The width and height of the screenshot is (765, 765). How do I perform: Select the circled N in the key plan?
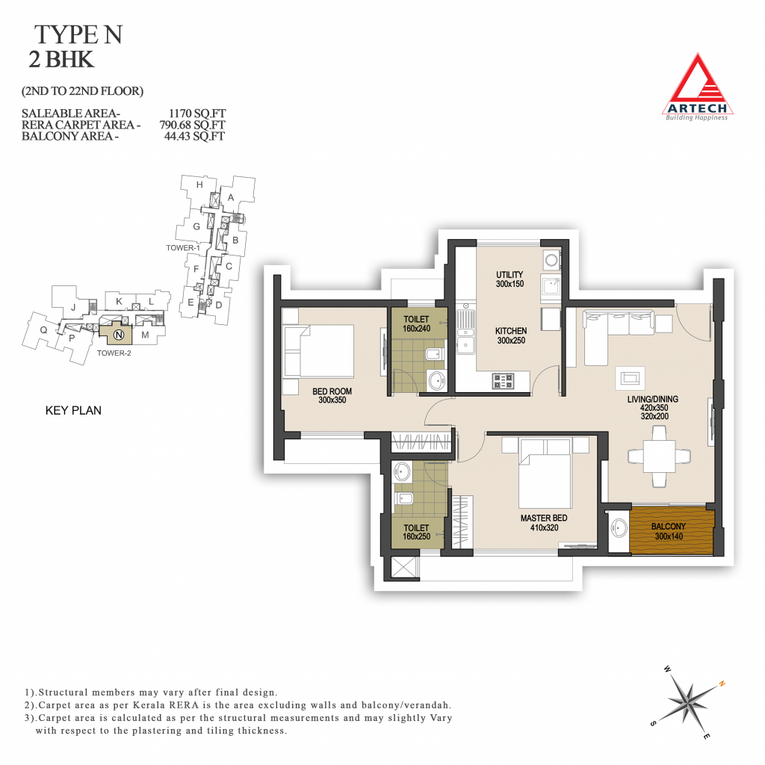pyautogui.click(x=119, y=335)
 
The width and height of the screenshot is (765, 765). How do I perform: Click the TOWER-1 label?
pyautogui.click(x=183, y=248)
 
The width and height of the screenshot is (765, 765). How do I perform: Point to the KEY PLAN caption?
pyautogui.click(x=73, y=410)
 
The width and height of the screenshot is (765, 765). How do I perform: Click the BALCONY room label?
pyautogui.click(x=669, y=527)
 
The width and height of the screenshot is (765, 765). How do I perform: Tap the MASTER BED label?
pyautogui.click(x=544, y=518)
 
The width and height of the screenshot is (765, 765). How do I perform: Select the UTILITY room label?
pyautogui.click(x=510, y=275)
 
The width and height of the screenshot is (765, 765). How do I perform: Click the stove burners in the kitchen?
pyautogui.click(x=503, y=381)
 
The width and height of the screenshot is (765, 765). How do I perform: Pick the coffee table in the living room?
pyautogui.click(x=630, y=378)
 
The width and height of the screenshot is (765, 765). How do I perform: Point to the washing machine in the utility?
pyautogui.click(x=552, y=259)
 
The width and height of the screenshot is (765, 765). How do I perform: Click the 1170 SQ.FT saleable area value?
pyautogui.click(x=197, y=114)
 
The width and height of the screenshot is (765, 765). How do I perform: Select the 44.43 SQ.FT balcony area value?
pyautogui.click(x=194, y=136)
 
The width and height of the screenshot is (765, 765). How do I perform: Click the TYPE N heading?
pyautogui.click(x=78, y=34)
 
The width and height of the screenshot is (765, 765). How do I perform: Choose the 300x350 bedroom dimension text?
pyautogui.click(x=332, y=400)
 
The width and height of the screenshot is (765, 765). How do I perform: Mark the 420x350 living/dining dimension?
pyautogui.click(x=654, y=408)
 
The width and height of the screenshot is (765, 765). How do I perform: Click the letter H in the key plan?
pyautogui.click(x=199, y=185)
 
